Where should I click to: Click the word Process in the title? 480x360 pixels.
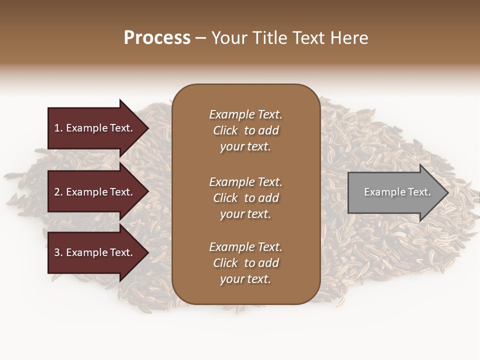pyautogui.click(x=157, y=38)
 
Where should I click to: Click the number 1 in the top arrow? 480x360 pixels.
pyautogui.click(x=57, y=128)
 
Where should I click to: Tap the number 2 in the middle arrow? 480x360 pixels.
pyautogui.click(x=57, y=192)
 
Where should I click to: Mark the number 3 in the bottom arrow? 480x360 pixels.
pyautogui.click(x=57, y=252)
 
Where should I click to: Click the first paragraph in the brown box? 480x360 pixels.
pyautogui.click(x=245, y=130)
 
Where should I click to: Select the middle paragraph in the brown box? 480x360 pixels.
pyautogui.click(x=245, y=197)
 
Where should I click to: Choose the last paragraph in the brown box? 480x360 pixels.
pyautogui.click(x=245, y=263)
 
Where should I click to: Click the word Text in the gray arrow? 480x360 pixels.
pyautogui.click(x=419, y=192)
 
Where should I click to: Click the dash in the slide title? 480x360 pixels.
pyautogui.click(x=200, y=38)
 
